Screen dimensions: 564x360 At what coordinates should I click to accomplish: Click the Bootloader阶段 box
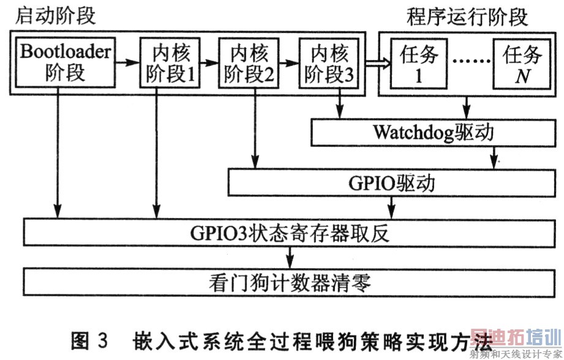[66, 62]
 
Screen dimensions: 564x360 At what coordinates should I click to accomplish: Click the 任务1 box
[419, 64]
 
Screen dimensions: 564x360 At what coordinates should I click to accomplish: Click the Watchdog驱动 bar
[433, 132]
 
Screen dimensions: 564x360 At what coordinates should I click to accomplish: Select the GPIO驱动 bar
[392, 183]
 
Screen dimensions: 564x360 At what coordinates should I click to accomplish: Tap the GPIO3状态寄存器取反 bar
[289, 233]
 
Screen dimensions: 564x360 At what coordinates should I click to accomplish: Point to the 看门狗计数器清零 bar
[289, 282]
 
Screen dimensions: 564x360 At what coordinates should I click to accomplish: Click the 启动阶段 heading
[55, 16]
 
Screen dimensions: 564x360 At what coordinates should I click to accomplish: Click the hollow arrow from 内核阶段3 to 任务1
[378, 63]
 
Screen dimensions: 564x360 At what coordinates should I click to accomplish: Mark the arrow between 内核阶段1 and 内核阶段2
[209, 62]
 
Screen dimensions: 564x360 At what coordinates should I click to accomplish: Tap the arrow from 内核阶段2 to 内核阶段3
[289, 63]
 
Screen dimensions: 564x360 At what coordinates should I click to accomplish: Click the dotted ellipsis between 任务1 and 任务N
[470, 61]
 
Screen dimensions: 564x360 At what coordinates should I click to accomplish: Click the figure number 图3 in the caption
[89, 340]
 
